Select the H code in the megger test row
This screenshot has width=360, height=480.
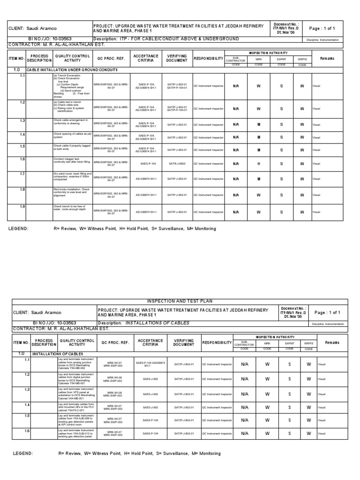[258, 163]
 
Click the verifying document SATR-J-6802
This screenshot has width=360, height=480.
[177, 163]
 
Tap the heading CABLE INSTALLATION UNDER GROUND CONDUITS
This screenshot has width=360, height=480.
[72, 69]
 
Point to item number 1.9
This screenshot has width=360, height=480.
[22, 207]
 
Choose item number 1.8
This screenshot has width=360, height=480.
[22, 189]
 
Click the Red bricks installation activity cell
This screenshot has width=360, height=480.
[72, 193]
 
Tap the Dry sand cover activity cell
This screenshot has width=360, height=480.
[72, 177]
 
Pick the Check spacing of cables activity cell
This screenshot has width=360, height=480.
[72, 136]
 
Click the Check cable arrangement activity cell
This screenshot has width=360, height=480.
[72, 123]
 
